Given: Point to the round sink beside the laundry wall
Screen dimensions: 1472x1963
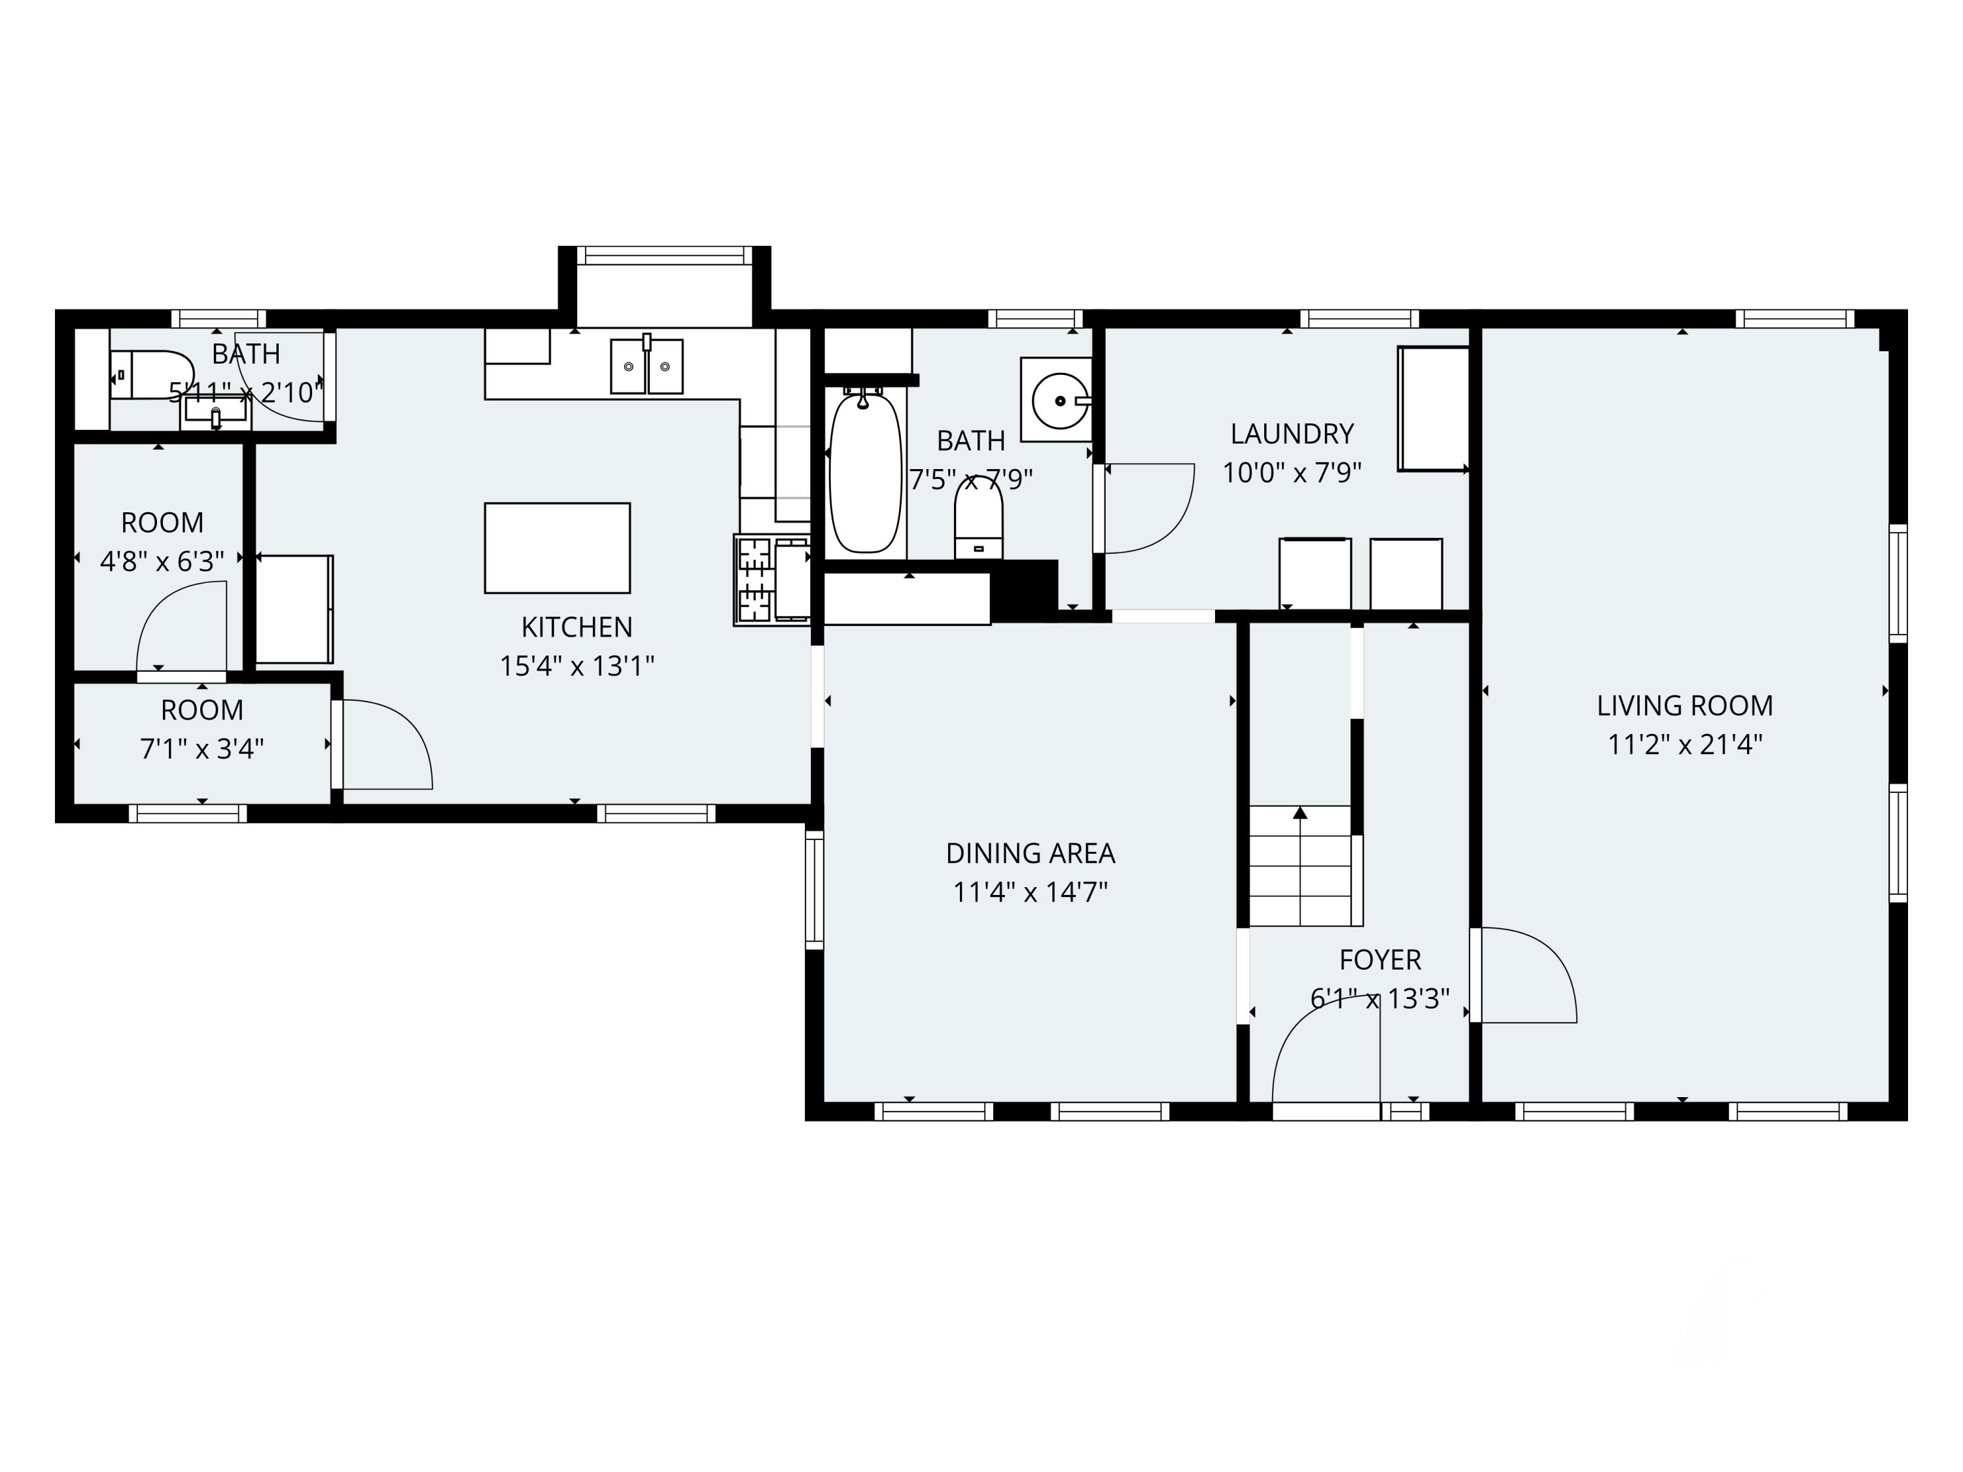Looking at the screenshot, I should pyautogui.click(x=1059, y=401).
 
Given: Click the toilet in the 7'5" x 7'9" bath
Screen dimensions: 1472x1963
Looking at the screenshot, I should pyautogui.click(x=978, y=519).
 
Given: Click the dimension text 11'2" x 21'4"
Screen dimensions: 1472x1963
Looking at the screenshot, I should pyautogui.click(x=1684, y=744).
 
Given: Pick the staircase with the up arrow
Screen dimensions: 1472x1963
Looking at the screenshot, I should pyautogui.click(x=1300, y=865).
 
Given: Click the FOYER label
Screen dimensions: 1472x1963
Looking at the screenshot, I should pyautogui.click(x=1379, y=959).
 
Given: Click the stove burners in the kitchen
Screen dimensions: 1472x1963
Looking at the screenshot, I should pyautogui.click(x=755, y=580).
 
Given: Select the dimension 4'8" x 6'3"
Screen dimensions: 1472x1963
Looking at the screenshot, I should pyautogui.click(x=162, y=561).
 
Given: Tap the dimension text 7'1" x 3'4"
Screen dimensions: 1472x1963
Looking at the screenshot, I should pyautogui.click(x=202, y=750).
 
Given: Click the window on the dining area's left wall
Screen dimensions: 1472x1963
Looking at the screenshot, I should pyautogui.click(x=814, y=889).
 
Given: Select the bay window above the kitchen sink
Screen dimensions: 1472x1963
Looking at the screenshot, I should pyautogui.click(x=663, y=256).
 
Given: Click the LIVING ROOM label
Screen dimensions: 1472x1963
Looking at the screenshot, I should pyautogui.click(x=1684, y=705).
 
